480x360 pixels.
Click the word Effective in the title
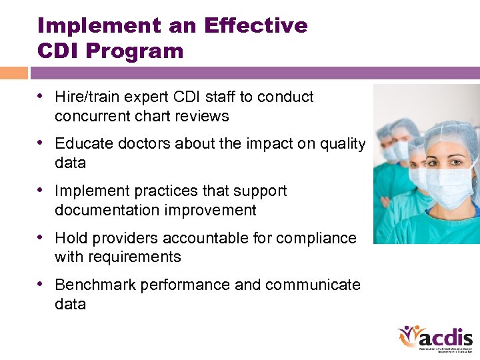[x=256, y=25]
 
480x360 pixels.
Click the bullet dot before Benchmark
[x=42, y=285]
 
